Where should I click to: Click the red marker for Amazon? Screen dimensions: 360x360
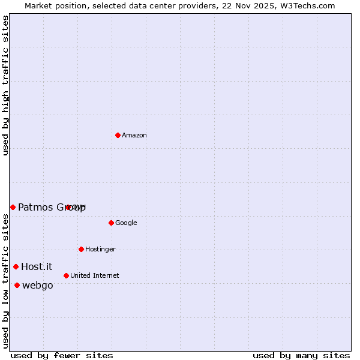coord(118,135)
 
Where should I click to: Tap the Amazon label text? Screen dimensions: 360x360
coord(134,136)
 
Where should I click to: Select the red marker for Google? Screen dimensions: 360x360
coord(111,223)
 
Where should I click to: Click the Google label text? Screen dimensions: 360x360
coord(126,223)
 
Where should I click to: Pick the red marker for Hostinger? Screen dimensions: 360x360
coord(81,249)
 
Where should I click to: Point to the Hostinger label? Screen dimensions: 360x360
coord(100,250)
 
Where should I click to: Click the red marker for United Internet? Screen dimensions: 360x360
coord(66,275)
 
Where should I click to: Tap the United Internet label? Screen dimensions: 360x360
coord(94,276)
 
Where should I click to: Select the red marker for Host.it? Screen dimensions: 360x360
coord(16,266)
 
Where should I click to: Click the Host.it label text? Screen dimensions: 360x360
coord(37,267)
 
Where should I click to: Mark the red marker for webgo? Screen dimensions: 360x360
coord(17,285)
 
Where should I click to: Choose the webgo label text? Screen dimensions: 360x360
coord(37,286)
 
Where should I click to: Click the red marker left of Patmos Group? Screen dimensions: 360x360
coord(13,207)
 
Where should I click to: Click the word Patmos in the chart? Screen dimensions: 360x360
coord(35,208)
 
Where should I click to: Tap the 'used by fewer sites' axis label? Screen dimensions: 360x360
coord(62,356)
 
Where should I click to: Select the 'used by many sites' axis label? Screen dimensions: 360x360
coord(301,356)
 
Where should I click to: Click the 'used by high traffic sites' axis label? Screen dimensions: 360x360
coord(6,85)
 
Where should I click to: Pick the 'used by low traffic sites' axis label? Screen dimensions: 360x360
coord(6,281)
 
